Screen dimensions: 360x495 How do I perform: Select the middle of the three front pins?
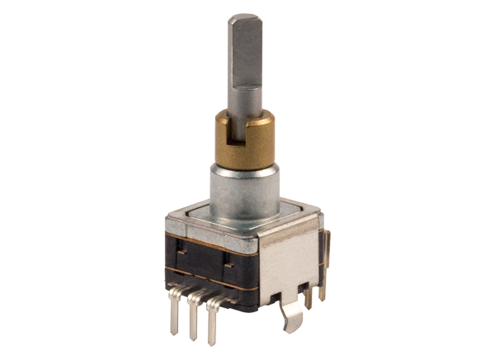tap(199, 318)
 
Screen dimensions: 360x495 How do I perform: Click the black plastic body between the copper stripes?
tap(206, 263)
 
